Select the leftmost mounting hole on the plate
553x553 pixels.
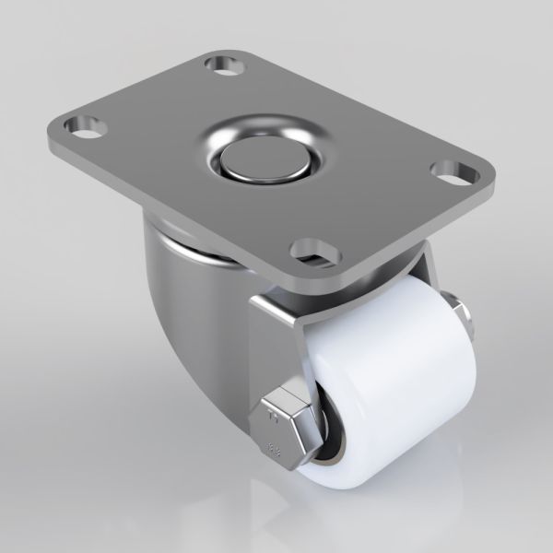[x=84, y=124]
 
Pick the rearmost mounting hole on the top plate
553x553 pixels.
[x=223, y=65]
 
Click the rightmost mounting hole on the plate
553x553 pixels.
[x=448, y=171]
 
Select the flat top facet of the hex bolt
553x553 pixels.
[x=288, y=398]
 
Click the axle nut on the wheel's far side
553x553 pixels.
[x=461, y=314]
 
